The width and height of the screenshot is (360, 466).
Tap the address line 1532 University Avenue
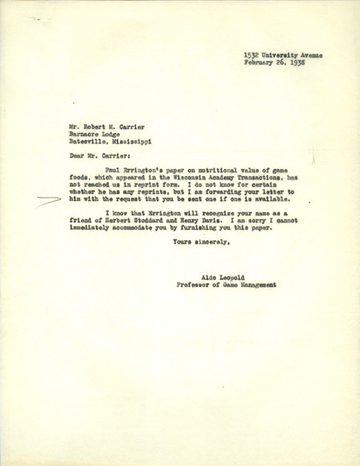[284, 54]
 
